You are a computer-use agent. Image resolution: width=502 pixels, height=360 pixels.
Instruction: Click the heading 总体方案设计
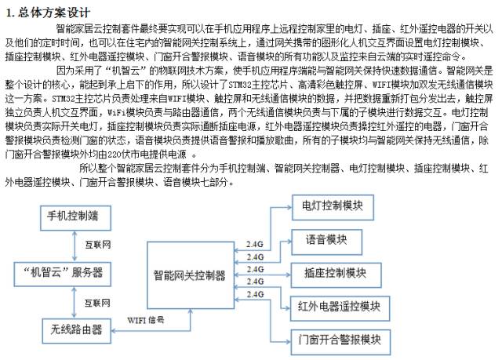[x=54, y=13]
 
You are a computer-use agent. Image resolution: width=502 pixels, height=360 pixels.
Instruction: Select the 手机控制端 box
[x=75, y=218]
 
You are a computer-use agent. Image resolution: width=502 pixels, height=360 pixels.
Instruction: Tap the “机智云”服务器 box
[x=63, y=274]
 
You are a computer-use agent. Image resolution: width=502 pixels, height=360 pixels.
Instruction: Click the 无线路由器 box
[x=77, y=331]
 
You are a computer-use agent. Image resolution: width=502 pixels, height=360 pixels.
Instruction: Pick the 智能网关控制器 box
[x=191, y=275]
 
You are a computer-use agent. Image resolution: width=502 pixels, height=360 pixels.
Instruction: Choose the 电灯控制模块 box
[x=333, y=207]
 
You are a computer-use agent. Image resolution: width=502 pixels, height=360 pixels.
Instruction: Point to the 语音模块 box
[x=326, y=242]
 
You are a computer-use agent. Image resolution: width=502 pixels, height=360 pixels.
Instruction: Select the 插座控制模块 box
[x=336, y=275]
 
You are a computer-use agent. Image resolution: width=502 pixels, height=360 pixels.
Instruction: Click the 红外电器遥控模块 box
[x=340, y=308]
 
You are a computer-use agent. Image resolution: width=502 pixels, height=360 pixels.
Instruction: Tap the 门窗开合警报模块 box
[x=340, y=342]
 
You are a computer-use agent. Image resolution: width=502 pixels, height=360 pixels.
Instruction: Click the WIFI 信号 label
[x=146, y=320]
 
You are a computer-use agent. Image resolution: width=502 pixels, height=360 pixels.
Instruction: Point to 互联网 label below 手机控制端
[x=97, y=245]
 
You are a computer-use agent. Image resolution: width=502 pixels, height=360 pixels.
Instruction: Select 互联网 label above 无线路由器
[x=97, y=303]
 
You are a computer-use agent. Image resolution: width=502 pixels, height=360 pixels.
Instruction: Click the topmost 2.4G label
[x=255, y=245]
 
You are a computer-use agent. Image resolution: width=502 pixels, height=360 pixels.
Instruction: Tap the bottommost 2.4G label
[x=255, y=294]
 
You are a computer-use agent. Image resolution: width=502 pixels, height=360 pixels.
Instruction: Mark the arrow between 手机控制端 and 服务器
[x=75, y=246]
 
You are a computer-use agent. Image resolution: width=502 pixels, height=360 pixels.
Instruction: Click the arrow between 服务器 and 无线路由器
[x=75, y=303]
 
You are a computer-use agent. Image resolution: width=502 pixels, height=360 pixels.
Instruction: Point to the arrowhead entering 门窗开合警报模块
[x=288, y=342]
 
